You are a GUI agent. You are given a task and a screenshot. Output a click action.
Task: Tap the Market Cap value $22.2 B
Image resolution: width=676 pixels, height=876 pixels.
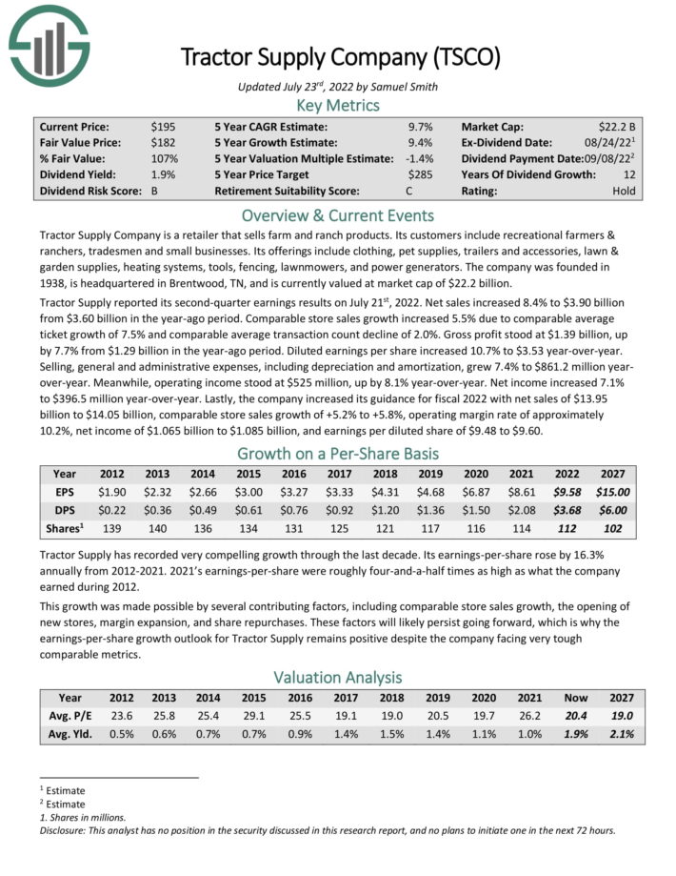(617, 126)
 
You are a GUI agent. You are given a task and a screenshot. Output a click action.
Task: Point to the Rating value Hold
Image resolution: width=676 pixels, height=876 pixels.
(625, 191)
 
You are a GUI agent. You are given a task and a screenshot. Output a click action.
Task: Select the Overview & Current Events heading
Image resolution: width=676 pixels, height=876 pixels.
(337, 215)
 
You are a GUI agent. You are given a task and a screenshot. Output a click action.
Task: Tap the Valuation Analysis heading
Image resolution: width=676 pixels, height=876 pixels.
(337, 678)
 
